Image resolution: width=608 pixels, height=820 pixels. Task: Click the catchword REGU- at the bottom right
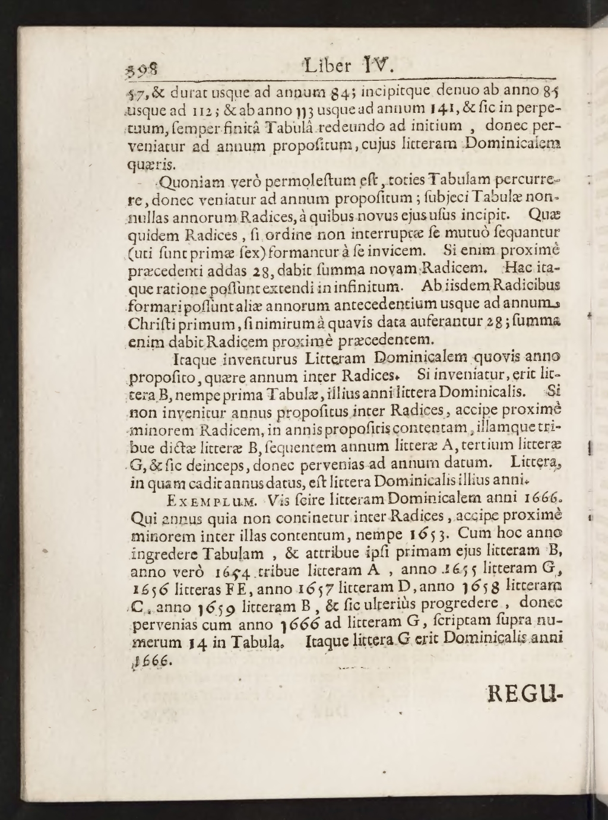(524, 692)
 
